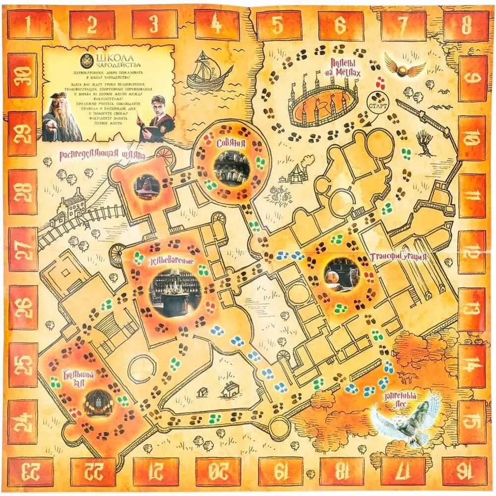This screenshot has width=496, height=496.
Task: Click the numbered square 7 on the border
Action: point(402,23)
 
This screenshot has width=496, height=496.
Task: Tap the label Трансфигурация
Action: point(399,257)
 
